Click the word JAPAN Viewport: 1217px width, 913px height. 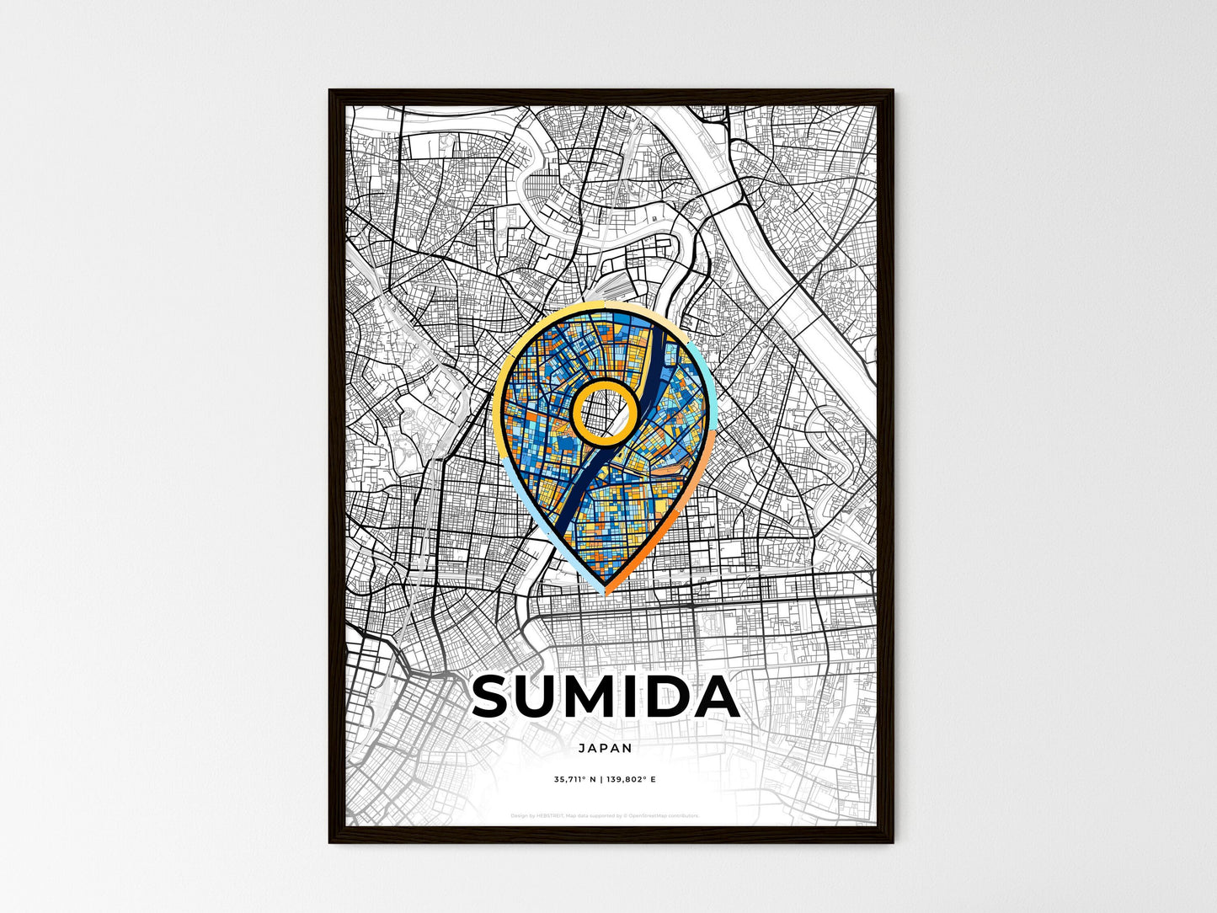(x=605, y=747)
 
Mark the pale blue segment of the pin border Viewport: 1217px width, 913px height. (x=539, y=531)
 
